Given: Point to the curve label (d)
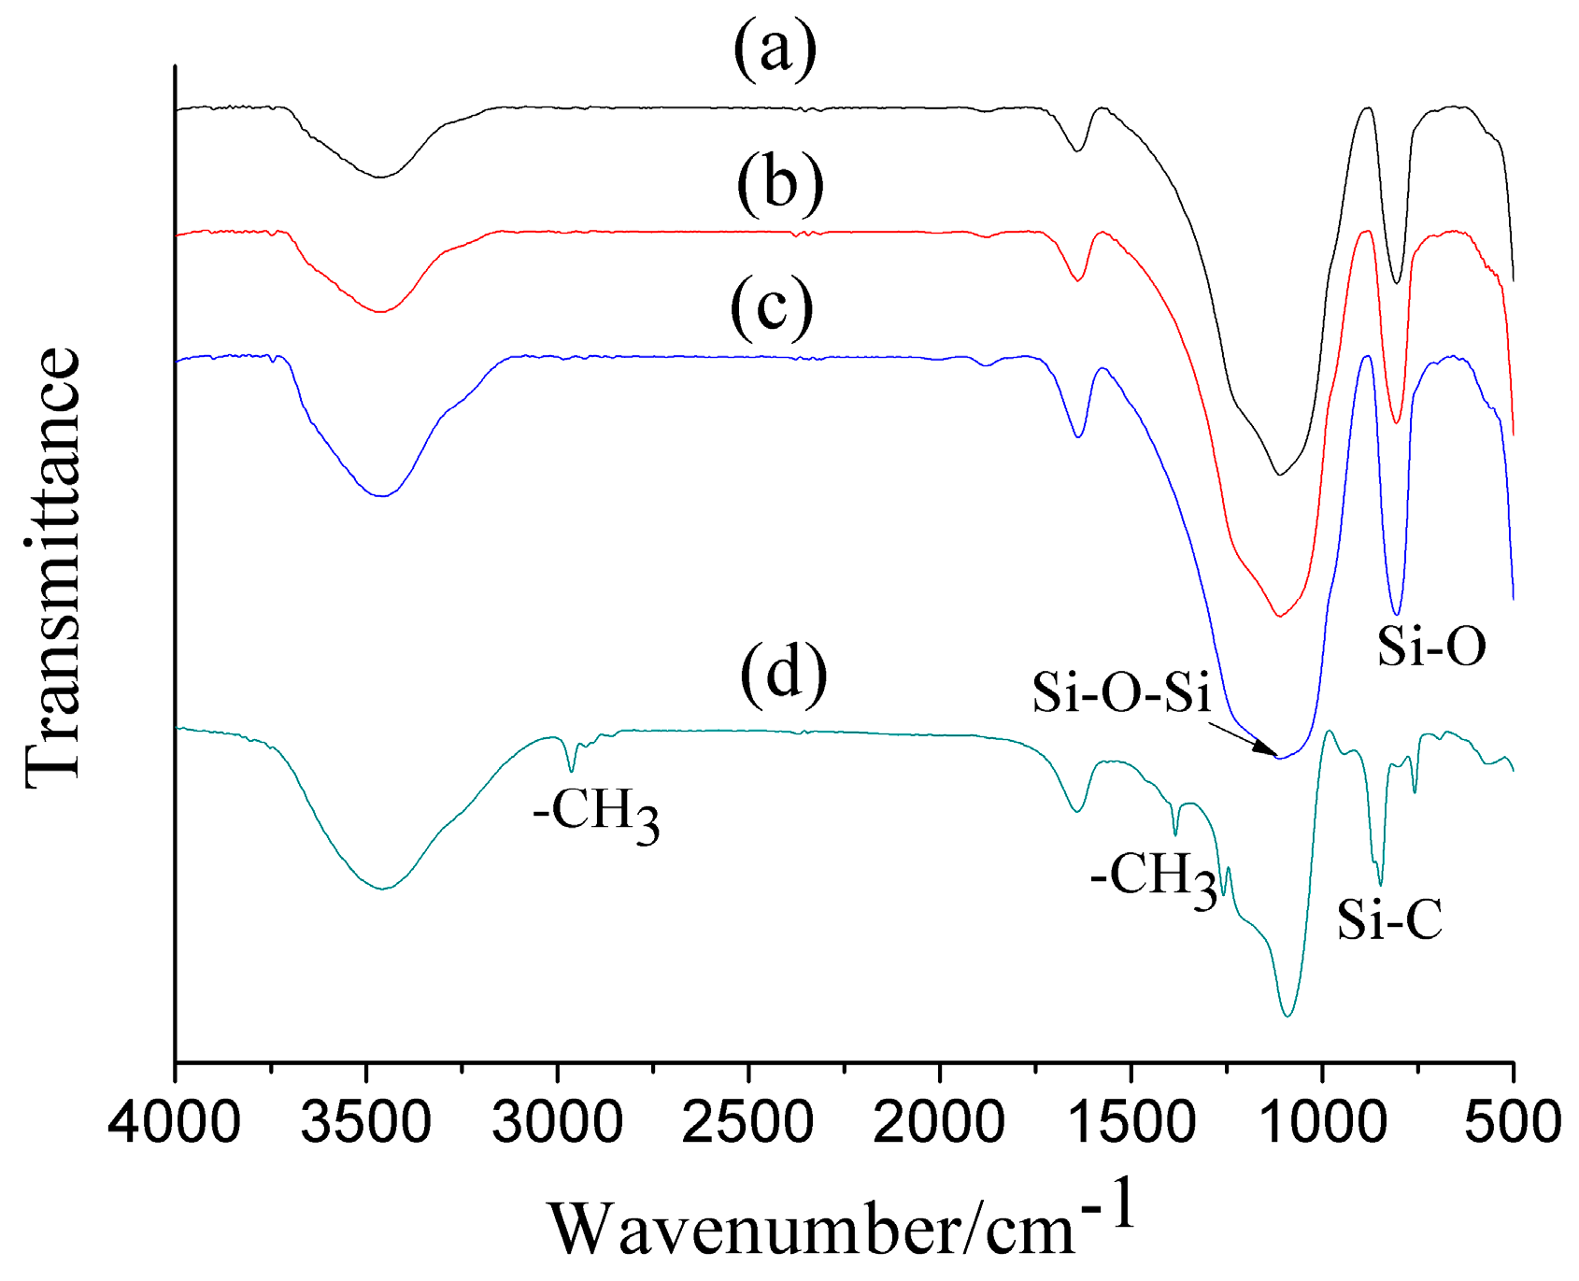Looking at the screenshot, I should [x=784, y=672].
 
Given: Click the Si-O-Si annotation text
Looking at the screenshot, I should [x=1121, y=693].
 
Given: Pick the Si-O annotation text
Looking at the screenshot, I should [x=1431, y=646].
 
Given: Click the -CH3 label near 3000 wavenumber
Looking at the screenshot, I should [x=596, y=814].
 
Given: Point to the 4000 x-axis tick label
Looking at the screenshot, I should [x=175, y=1120].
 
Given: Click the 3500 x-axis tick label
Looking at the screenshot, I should [x=366, y=1120].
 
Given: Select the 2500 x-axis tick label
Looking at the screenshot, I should [x=748, y=1120].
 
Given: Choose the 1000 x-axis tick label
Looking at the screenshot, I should [x=1321, y=1120].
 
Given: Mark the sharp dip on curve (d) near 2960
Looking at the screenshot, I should [x=572, y=770].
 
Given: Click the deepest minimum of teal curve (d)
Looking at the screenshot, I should [x=1288, y=1016].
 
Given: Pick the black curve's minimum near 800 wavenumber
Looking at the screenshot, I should [x=1397, y=282].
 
